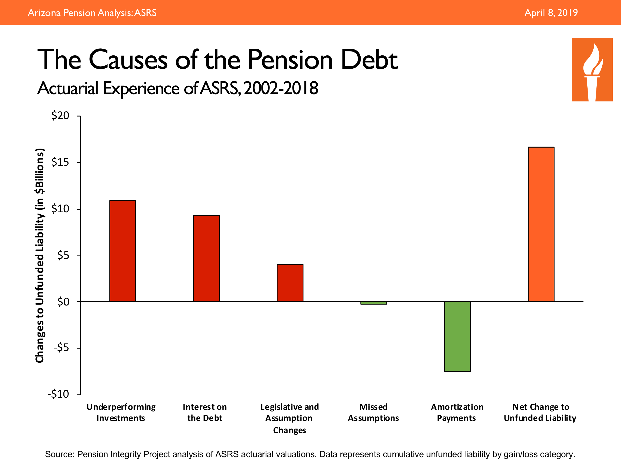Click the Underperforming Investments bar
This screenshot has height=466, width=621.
[122, 251]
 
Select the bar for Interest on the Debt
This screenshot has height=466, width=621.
[206, 258]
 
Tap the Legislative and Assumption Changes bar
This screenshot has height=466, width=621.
[290, 283]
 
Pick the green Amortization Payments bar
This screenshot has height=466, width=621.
[457, 336]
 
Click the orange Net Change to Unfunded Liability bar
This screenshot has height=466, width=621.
[541, 224]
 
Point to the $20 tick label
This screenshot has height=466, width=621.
[60, 116]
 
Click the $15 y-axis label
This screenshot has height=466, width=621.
[60, 162]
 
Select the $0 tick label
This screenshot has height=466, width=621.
[63, 302]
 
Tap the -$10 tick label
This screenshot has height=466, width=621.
[58, 394]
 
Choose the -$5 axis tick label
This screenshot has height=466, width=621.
[61, 348]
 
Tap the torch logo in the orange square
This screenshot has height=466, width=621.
[592, 69]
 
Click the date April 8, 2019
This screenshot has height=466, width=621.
[551, 13]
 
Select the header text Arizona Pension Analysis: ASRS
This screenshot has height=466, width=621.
[92, 13]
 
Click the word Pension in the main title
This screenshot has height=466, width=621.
[290, 60]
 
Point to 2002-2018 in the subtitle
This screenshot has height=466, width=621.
[281, 88]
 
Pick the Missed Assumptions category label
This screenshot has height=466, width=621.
[373, 412]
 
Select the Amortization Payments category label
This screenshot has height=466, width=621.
[457, 412]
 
